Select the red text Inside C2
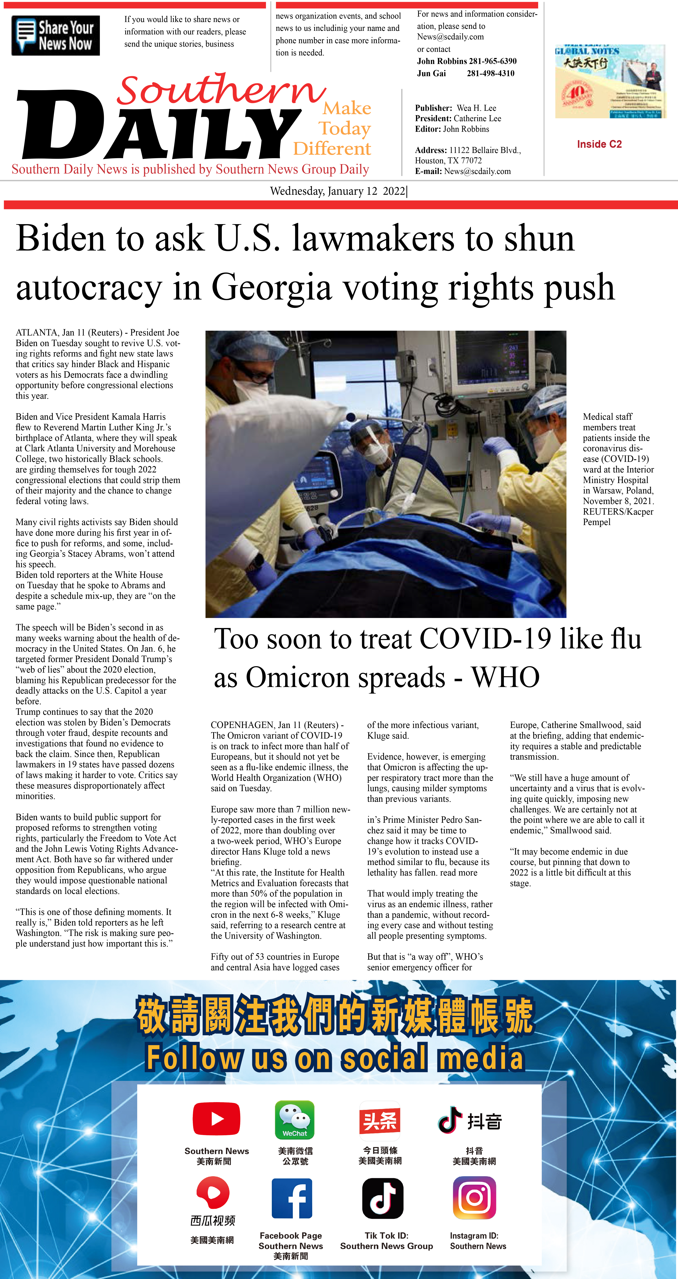599,144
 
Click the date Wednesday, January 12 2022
338,191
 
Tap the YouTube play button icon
217,1119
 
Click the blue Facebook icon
292,1198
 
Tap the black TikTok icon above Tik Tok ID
382,1198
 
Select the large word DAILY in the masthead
159,127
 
